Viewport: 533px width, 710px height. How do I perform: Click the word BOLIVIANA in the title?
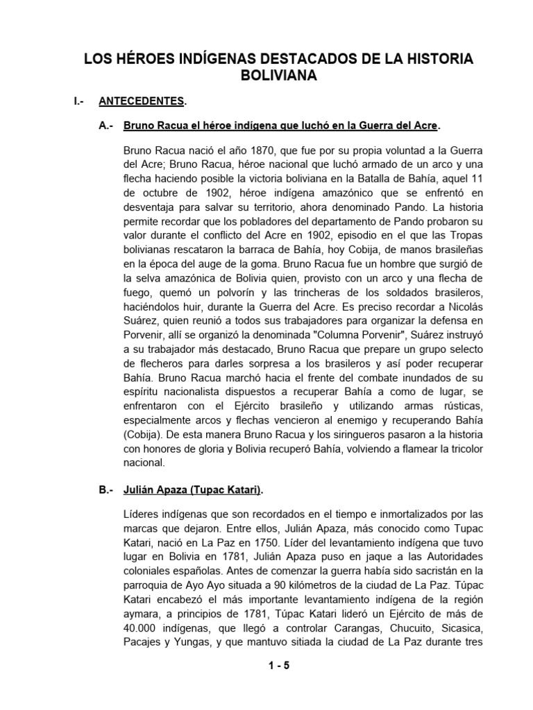[x=278, y=76]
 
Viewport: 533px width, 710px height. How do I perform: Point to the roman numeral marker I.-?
[x=79, y=102]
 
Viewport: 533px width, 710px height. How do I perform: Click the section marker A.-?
[x=107, y=126]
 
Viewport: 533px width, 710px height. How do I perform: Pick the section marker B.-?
[x=107, y=490]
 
